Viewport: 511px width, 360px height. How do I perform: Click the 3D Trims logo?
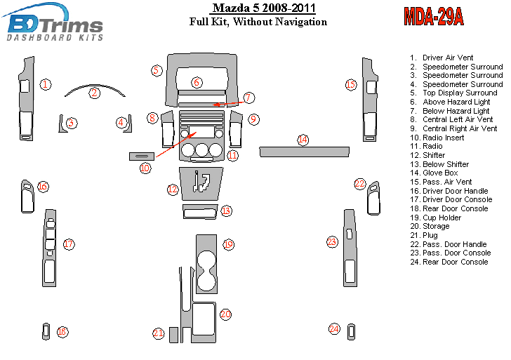[55, 22]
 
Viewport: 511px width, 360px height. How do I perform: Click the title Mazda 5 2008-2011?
[263, 8]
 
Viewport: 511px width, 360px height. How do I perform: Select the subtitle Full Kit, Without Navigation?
[258, 22]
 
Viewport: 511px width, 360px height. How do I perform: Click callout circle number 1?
[45, 85]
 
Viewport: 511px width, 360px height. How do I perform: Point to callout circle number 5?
[157, 70]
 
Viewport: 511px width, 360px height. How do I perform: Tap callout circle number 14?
[303, 140]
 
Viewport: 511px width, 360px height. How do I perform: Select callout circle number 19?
[228, 244]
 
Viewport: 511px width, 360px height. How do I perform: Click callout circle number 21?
[158, 333]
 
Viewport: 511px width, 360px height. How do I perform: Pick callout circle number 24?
[335, 328]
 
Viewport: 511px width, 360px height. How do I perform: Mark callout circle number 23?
[332, 242]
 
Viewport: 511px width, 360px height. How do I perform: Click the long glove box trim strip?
[303, 150]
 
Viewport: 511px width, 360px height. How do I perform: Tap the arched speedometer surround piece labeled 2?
[95, 88]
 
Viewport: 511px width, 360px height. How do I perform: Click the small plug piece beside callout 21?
[173, 335]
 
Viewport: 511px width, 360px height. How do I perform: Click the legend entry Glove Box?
[440, 173]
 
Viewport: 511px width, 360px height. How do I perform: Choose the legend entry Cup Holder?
[442, 218]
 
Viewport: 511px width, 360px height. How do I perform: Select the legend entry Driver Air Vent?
[447, 58]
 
